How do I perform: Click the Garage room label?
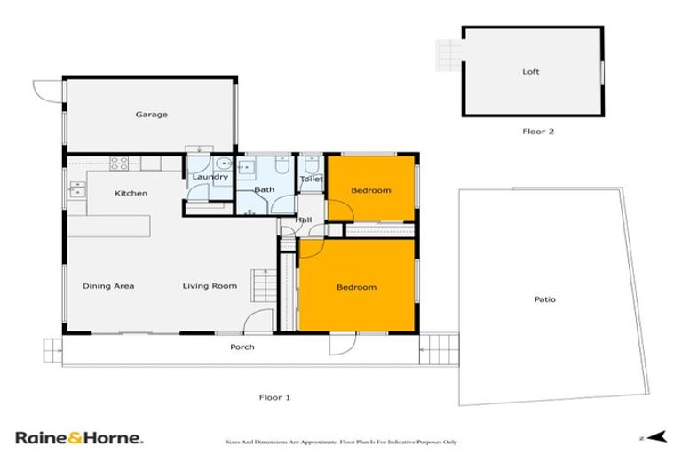tap(151, 115)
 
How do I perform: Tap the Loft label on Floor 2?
tap(530, 72)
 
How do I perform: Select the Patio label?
tap(544, 299)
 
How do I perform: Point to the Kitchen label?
tap(131, 193)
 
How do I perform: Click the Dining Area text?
tap(108, 286)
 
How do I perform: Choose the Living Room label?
tap(210, 286)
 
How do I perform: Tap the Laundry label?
tap(210, 177)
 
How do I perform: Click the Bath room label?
tap(264, 189)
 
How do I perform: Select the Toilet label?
tap(311, 179)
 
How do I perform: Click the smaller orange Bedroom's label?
tap(370, 190)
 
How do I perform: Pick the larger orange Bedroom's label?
tap(356, 287)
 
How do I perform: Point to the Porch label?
tap(242, 347)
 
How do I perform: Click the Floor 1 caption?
tap(274, 397)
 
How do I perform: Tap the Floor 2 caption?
tap(538, 132)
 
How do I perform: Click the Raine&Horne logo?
tap(79, 437)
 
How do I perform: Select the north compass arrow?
tap(655, 436)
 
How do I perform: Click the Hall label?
tap(304, 220)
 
